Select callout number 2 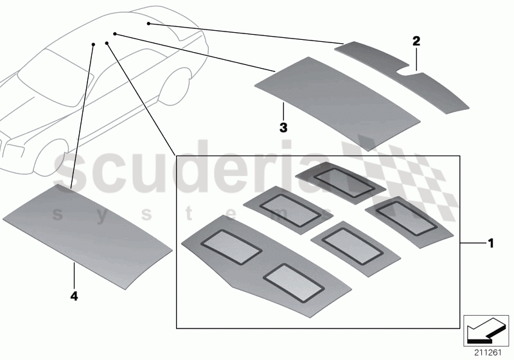tap(416, 41)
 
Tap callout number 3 tap(283, 127)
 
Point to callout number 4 tap(74, 297)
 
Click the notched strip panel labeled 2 tap(411, 80)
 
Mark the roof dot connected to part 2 tap(148, 24)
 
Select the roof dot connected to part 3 tap(115, 33)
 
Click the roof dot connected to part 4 tap(94, 44)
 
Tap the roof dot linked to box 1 tap(106, 44)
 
